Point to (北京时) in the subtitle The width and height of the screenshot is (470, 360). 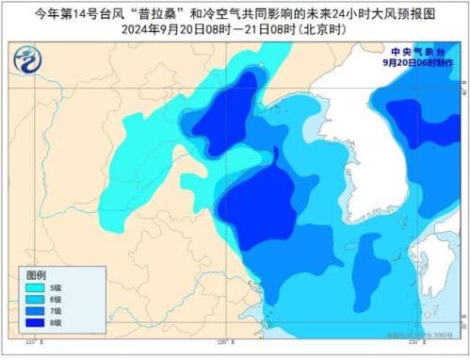pos(321,30)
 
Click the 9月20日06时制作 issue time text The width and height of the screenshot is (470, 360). pos(417,62)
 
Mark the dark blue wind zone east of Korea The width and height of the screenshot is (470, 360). pos(419,123)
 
